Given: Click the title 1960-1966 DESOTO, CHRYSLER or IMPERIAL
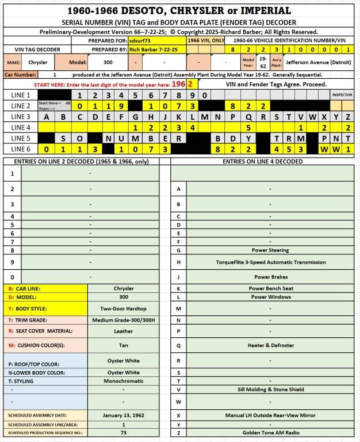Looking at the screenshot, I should point(179,11).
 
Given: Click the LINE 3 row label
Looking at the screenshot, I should point(20,117).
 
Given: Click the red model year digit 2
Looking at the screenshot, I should point(190,84).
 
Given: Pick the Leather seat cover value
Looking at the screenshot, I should point(123,331).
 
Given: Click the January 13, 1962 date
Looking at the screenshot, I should point(123,415).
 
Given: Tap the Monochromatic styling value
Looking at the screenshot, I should point(123,380).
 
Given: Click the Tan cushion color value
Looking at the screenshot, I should point(123,345).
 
